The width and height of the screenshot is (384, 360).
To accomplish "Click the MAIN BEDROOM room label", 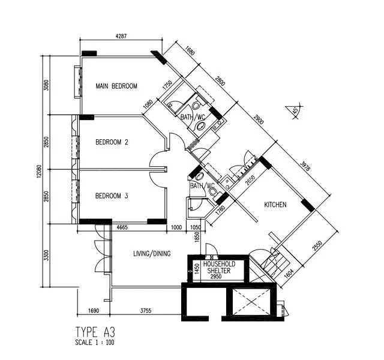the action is click(x=116, y=86).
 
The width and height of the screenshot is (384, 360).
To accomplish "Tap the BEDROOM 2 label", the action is click(x=112, y=142).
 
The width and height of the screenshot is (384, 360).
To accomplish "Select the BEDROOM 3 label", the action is click(x=112, y=196).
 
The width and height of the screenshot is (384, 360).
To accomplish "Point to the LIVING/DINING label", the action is click(x=152, y=253).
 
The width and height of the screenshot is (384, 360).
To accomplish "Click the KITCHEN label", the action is click(x=275, y=205).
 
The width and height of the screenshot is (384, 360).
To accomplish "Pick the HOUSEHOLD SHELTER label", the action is click(x=219, y=267).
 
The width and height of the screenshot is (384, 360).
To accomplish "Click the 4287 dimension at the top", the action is click(x=121, y=36).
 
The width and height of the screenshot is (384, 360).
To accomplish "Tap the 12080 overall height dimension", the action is click(x=39, y=171).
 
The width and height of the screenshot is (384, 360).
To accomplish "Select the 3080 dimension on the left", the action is click(x=46, y=85).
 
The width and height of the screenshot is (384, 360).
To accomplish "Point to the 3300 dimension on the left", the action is click(x=46, y=255).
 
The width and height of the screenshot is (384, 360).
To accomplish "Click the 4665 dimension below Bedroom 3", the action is click(x=122, y=227).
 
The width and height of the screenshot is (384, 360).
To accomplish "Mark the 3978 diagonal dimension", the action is click(x=305, y=166).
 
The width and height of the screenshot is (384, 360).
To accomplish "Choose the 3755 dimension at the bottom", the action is click(x=146, y=311).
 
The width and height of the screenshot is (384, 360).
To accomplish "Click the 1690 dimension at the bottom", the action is click(x=94, y=311).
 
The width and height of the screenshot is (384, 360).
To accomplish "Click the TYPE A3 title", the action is click(x=95, y=332).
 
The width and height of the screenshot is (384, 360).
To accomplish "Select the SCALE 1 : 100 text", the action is click(x=95, y=343).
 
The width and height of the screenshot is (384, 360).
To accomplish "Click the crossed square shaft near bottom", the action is click(x=251, y=302).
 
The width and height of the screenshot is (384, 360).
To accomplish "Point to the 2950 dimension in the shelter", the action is click(x=216, y=277).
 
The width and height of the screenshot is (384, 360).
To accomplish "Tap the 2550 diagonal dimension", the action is click(x=317, y=246).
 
